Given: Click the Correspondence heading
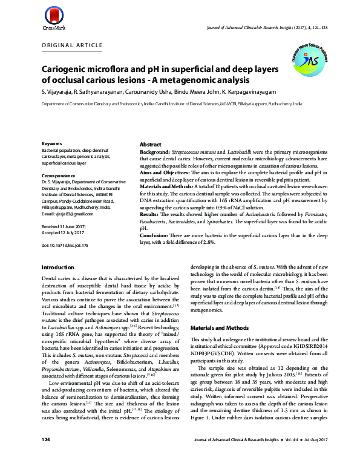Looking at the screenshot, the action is click(x=58, y=175).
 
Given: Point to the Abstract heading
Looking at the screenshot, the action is click(x=150, y=145).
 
